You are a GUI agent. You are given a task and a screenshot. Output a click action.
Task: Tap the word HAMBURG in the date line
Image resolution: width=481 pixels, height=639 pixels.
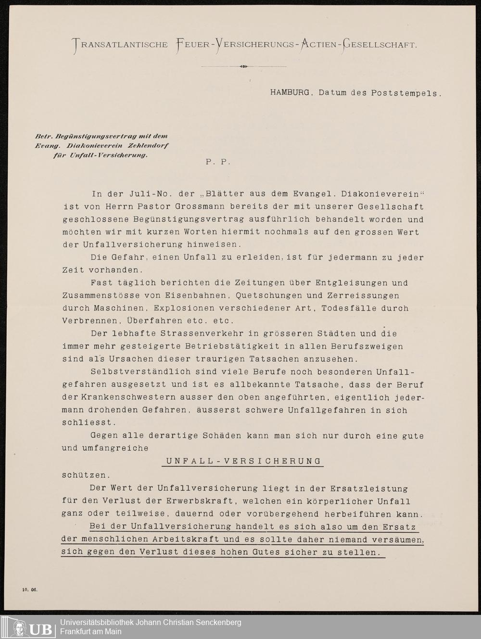pos(290,92)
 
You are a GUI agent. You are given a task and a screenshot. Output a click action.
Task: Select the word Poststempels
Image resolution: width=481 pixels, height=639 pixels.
pos(406,93)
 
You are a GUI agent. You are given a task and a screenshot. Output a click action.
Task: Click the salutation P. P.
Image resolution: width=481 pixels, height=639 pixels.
pos(218,162)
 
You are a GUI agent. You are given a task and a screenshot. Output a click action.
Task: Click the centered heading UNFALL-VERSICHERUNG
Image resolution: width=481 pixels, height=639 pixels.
pos(243,461)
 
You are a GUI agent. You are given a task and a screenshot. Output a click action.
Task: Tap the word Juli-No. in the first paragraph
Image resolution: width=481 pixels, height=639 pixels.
pos(143,194)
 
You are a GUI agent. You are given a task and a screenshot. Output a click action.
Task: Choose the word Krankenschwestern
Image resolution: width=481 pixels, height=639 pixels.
pos(128,397)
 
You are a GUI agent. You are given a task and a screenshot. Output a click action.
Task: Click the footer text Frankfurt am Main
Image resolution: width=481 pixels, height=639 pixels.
pos(91,631)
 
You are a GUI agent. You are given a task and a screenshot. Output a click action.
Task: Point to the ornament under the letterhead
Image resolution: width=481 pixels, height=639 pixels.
pos(243,66)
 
